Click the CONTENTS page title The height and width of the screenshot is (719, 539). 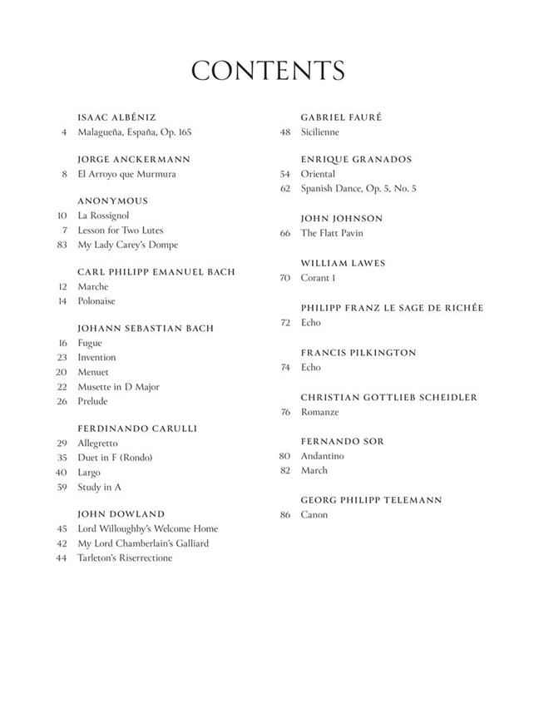click(268, 71)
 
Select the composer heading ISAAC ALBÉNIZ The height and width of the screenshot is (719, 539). click(116, 117)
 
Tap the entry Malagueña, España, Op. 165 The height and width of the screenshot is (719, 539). click(135, 132)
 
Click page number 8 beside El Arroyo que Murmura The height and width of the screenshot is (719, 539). click(64, 174)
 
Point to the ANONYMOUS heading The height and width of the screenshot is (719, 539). click(112, 201)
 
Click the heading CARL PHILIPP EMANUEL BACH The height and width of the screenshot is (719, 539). click(156, 272)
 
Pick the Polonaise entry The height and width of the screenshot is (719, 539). click(96, 301)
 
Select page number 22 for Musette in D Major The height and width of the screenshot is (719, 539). click(62, 387)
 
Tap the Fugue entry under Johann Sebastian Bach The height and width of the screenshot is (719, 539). click(90, 343)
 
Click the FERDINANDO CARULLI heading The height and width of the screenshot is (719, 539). click(137, 429)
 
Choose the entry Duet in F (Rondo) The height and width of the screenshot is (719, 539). click(115, 458)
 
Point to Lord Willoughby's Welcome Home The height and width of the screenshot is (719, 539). click(147, 528)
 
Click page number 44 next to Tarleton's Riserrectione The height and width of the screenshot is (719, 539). click(62, 558)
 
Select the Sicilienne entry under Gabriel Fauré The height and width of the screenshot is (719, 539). click(320, 132)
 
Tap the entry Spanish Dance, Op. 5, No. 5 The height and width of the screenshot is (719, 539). click(359, 189)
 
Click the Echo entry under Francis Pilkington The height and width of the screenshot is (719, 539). click(310, 367)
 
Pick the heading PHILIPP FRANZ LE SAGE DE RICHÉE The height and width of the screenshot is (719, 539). click(392, 308)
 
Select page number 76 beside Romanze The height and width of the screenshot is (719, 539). click(285, 412)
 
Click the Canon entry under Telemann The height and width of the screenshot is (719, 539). click(314, 514)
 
